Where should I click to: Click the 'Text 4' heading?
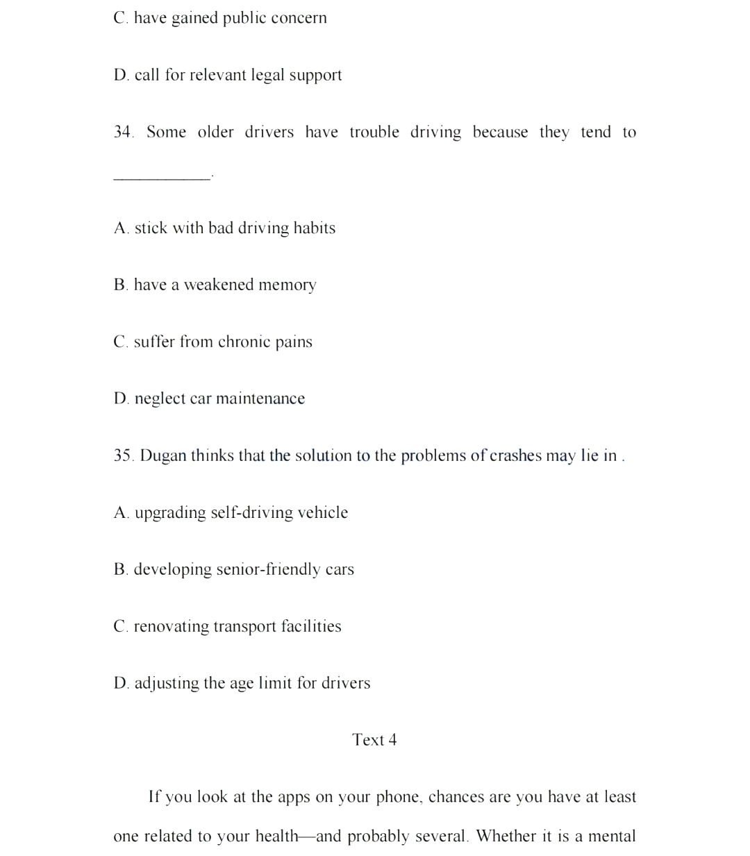point(374,740)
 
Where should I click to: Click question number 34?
point(124,132)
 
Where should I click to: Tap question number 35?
point(124,455)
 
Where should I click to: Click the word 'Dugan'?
point(162,455)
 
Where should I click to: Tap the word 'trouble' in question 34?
point(374,132)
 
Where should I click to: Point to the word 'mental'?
point(612,836)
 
